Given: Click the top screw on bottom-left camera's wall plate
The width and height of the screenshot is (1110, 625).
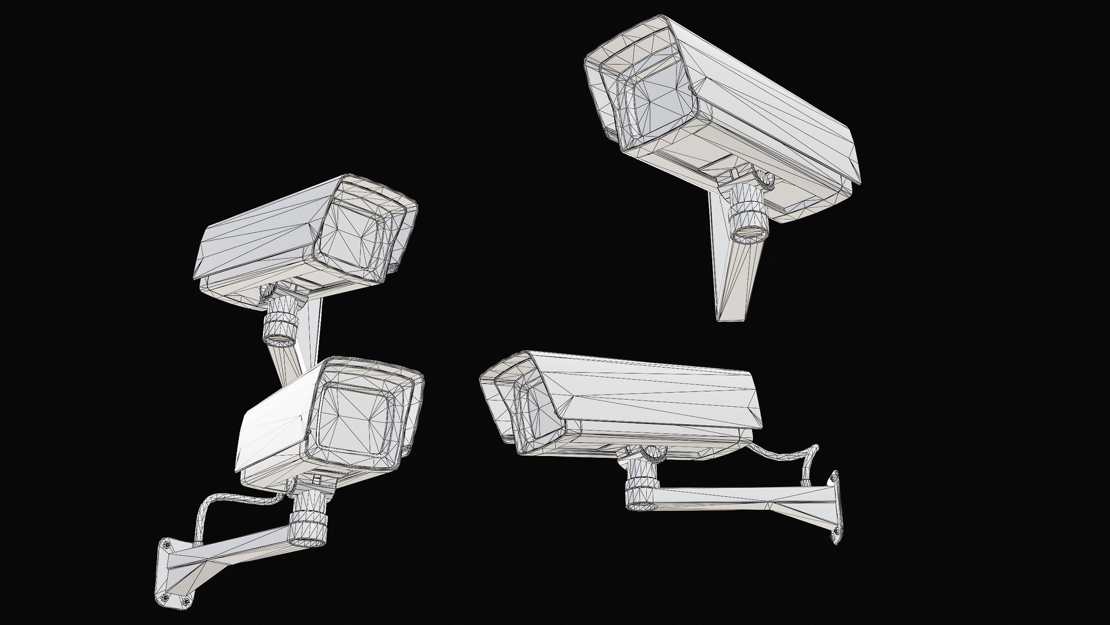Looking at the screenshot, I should [x=167, y=545].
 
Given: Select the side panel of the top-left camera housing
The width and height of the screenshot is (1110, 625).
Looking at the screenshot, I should [x=260, y=243].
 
